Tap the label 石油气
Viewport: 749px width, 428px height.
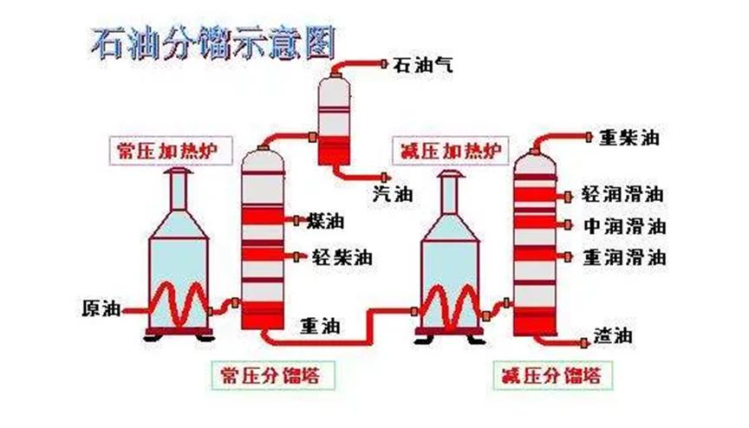pos(420,64)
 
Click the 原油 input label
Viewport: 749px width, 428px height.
pos(100,308)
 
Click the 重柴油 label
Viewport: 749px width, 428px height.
pos(629,138)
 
